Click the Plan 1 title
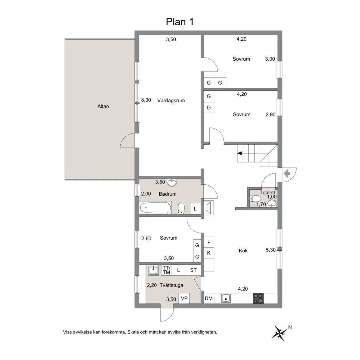[x=180, y=22]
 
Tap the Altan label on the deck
[x=103, y=106]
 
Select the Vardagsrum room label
[x=171, y=100]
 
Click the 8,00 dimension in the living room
[x=146, y=100]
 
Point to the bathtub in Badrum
[x=155, y=208]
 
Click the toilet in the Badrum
[x=182, y=208]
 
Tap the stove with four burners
[x=258, y=299]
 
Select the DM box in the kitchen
[x=209, y=298]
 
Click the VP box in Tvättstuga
[x=184, y=298]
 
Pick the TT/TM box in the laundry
[x=167, y=270]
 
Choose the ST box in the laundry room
[x=193, y=270]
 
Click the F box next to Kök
[x=209, y=242]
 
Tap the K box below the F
[x=209, y=253]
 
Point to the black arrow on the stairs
[x=240, y=153]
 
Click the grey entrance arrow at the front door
[x=287, y=173]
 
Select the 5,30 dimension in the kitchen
[x=271, y=250]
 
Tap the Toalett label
[x=267, y=192]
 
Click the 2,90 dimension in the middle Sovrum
[x=271, y=114]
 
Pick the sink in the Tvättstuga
[x=153, y=270]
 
